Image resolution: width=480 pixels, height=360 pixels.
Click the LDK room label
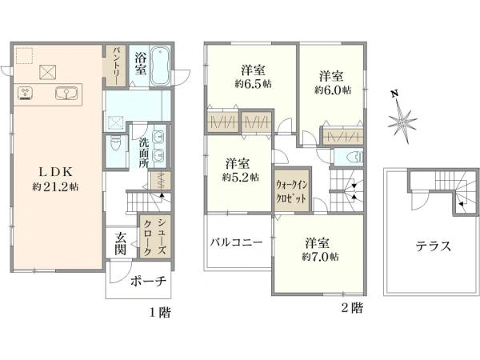tap(55, 172)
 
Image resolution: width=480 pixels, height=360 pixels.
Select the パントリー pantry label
tap(116, 66)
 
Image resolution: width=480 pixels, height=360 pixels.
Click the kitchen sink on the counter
tap(66, 94)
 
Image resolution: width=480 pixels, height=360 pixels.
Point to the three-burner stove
tap(26, 94)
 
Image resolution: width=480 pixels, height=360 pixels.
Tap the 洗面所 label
tap(143, 153)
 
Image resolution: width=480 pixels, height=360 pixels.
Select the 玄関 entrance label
tap(121, 244)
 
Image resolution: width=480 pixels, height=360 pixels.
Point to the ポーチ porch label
tap(148, 282)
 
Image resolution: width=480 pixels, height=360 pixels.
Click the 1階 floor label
tap(160, 313)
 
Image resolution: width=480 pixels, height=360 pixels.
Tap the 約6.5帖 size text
tap(253, 84)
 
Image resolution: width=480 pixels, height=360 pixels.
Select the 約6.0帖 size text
tap(333, 90)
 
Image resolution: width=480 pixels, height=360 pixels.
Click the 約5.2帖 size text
tap(240, 178)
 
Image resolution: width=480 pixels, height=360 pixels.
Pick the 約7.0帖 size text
tap(320, 257)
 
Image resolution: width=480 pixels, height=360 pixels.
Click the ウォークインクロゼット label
tap(291, 192)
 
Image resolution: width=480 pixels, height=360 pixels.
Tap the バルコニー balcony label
tap(236, 243)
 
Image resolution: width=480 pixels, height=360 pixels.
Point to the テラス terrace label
tap(433, 246)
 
